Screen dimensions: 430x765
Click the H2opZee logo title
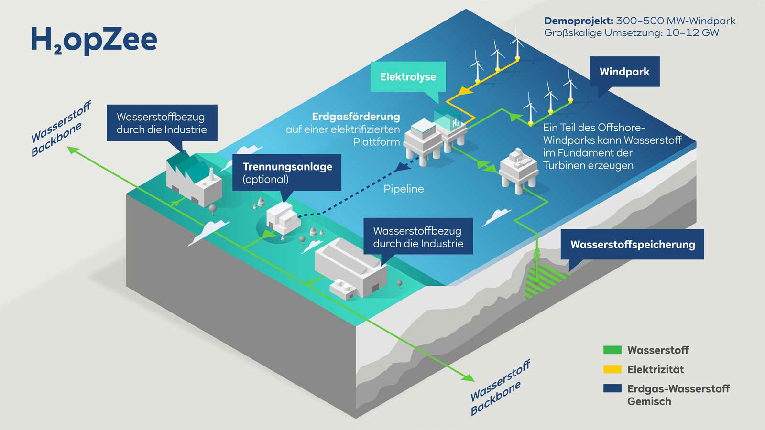(x=94, y=40)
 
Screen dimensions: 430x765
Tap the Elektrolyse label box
(x=408, y=76)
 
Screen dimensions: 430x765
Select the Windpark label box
(x=624, y=72)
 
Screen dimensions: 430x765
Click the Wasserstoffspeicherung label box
(x=632, y=244)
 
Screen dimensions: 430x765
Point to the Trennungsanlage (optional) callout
(x=287, y=172)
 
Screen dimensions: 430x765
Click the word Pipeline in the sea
(x=404, y=189)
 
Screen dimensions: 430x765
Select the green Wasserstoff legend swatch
(x=612, y=350)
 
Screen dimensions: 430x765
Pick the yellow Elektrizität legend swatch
(x=612, y=369)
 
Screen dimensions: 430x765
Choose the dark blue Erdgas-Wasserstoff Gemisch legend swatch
(x=612, y=388)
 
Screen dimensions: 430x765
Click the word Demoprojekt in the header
(x=578, y=21)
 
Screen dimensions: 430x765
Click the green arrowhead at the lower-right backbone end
(x=468, y=378)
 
